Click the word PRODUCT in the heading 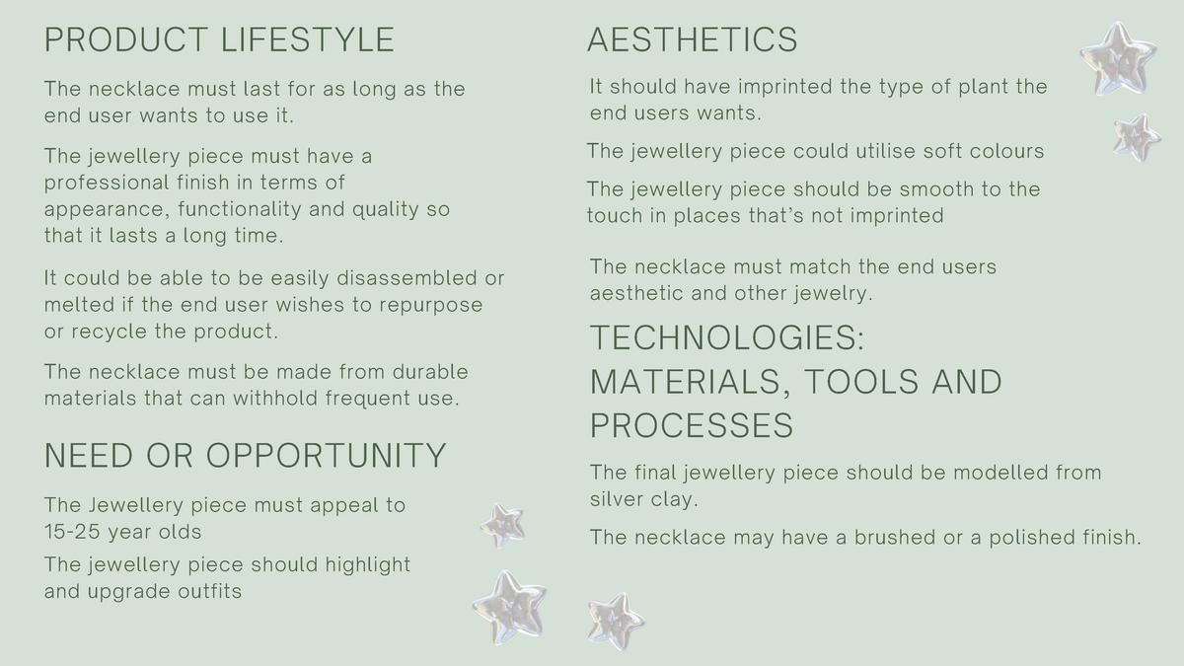click(126, 39)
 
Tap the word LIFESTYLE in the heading click(308, 39)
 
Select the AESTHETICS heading click(693, 39)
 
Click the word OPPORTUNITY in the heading click(327, 456)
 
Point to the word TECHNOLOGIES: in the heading click(727, 337)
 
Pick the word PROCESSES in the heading click(692, 425)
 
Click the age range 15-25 click(72, 532)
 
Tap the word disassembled click(407, 278)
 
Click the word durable click(430, 372)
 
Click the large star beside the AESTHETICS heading click(1118, 59)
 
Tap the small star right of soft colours click(1137, 137)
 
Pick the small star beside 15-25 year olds click(502, 525)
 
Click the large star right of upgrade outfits click(509, 608)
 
